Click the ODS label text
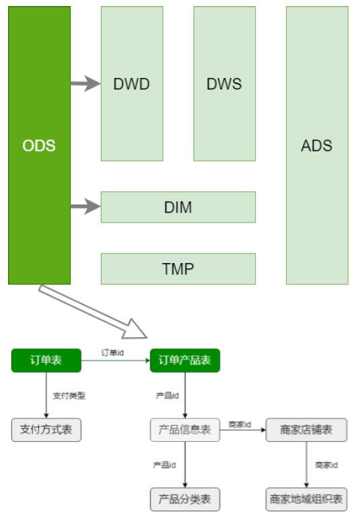click(x=39, y=145)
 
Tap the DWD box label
click(x=131, y=84)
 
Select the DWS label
click(x=224, y=84)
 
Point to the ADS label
click(x=316, y=145)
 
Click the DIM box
click(x=178, y=207)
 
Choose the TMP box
click(x=178, y=268)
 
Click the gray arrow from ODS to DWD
click(x=85, y=83)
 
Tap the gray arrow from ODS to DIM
click(x=85, y=207)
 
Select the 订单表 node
click(x=46, y=360)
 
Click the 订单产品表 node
click(x=185, y=360)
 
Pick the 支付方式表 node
click(x=46, y=430)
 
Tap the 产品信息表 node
click(x=185, y=430)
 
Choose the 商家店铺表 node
click(x=306, y=430)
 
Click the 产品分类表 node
click(x=185, y=499)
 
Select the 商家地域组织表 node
click(x=306, y=499)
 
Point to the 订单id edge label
click(x=112, y=352)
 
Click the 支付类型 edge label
click(x=69, y=396)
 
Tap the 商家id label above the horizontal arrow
click(x=240, y=424)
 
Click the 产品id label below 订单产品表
click(x=168, y=396)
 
